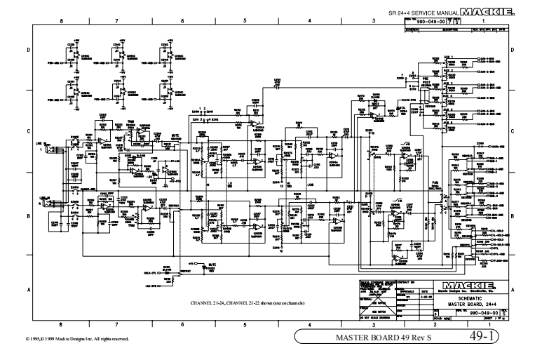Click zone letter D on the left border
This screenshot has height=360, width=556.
coord(28,51)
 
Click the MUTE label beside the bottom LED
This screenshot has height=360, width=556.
coord(211,265)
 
